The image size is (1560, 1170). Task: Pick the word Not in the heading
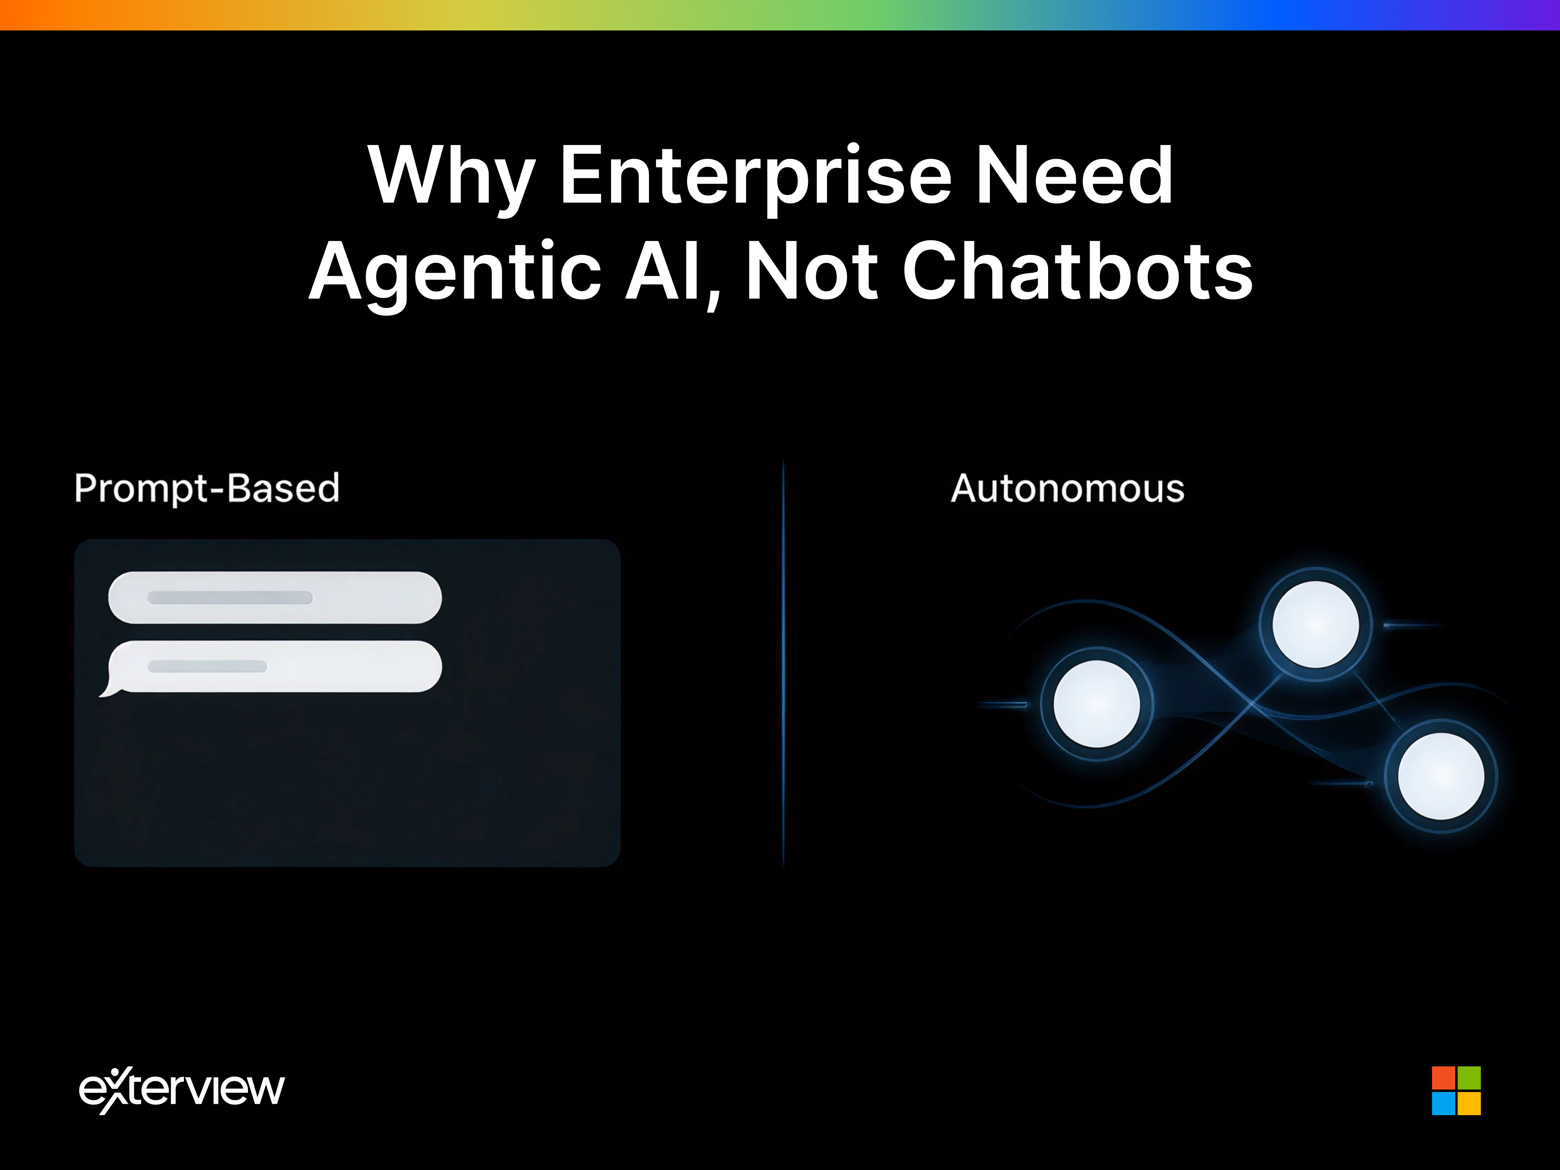[x=811, y=272]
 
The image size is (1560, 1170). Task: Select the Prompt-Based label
[x=207, y=488]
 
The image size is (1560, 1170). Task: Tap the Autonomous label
[x=1067, y=488]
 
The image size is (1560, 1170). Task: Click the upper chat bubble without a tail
[x=275, y=597]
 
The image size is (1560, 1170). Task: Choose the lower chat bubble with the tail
[x=275, y=667]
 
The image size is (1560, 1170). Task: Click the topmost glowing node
[x=1315, y=624]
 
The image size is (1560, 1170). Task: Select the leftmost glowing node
[x=1096, y=704]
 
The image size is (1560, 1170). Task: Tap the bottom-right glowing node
[x=1441, y=776]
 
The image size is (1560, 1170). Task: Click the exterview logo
[x=182, y=1090]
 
